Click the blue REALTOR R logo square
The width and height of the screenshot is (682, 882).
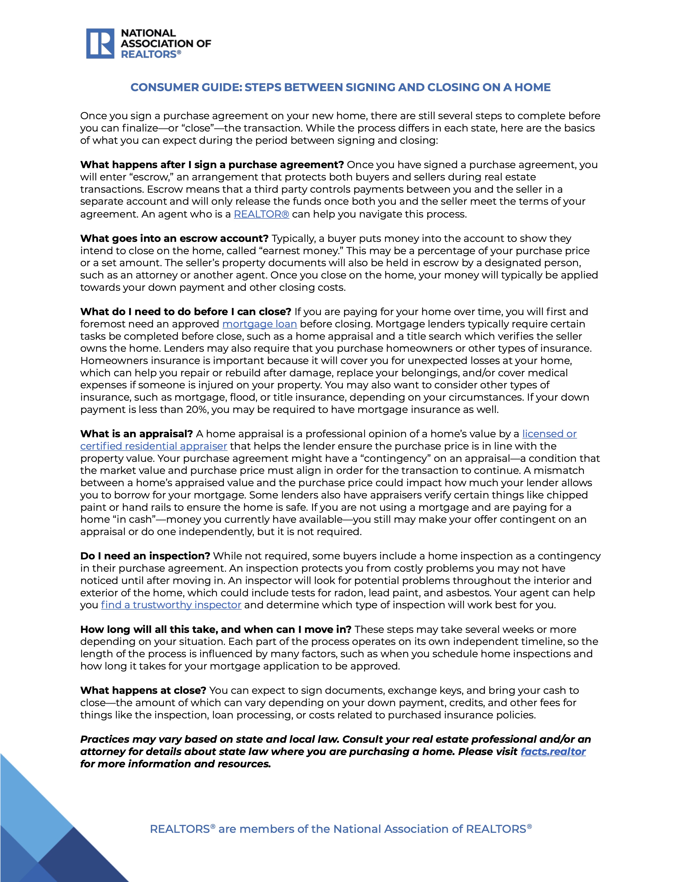[x=100, y=43]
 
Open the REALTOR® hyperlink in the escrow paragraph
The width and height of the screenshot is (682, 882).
[x=261, y=214]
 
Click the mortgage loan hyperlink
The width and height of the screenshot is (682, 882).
[x=259, y=324]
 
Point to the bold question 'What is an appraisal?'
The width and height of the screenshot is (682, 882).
[x=137, y=434]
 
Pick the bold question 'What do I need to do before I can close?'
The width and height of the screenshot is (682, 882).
[x=185, y=311]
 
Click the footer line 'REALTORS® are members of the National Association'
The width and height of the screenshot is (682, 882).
[x=340, y=829]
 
